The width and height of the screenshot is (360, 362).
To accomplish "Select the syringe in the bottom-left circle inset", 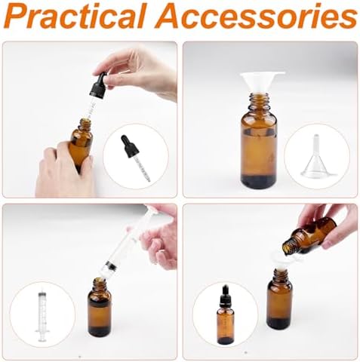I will pos(42,315).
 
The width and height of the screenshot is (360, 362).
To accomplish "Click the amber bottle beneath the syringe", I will pos(99,309).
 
